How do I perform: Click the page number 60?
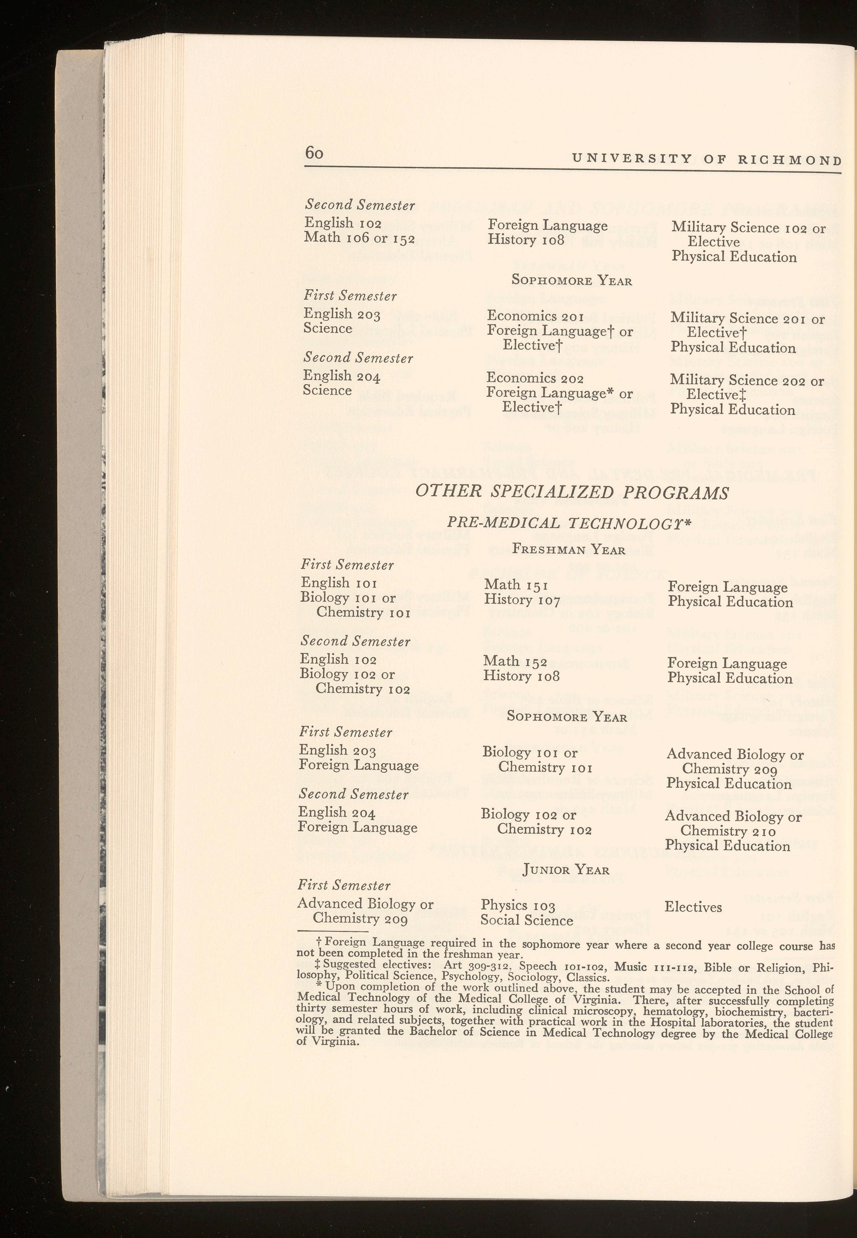pos(314,153)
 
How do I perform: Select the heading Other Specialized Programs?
pos(572,492)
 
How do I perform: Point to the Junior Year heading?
pos(566,869)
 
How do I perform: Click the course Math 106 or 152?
pos(359,237)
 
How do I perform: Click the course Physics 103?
pos(518,906)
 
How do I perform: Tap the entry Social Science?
pos(526,921)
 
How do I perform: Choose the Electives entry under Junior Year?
pos(693,907)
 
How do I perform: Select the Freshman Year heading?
pos(568,549)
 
